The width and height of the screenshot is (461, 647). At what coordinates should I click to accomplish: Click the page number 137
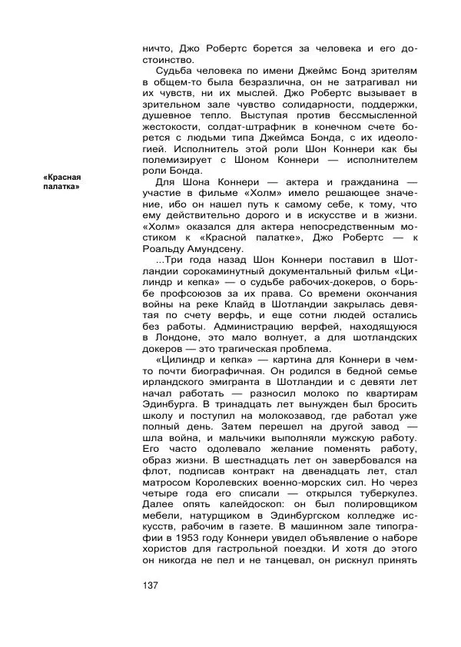pyautogui.click(x=151, y=586)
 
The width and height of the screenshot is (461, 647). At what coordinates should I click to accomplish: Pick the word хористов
pyautogui.click(x=171, y=549)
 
